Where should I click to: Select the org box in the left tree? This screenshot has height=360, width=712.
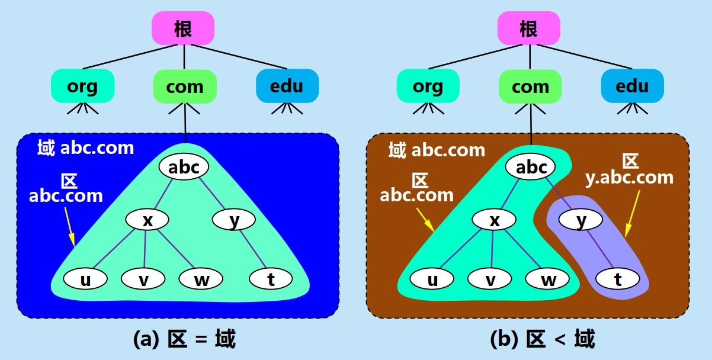(82, 86)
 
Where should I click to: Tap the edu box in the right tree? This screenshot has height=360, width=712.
(633, 86)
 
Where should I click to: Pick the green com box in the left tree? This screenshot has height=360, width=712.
(185, 86)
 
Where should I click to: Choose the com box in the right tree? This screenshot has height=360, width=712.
(530, 86)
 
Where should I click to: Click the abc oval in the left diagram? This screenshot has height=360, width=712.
(184, 167)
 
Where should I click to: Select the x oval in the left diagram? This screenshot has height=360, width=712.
(147, 220)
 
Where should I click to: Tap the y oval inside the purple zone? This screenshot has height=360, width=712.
(581, 220)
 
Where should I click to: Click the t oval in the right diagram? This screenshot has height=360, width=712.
(618, 278)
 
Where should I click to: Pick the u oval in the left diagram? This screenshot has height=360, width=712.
(85, 278)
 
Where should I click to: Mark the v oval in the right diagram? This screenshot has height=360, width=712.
(490, 278)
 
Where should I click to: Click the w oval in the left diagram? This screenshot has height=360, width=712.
(201, 278)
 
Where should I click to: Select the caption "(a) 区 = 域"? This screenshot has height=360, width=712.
(184, 339)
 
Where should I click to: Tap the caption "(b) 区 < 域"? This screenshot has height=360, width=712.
(543, 339)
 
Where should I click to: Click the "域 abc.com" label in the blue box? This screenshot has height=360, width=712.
(85, 147)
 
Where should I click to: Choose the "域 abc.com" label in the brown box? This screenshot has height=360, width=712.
(437, 150)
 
